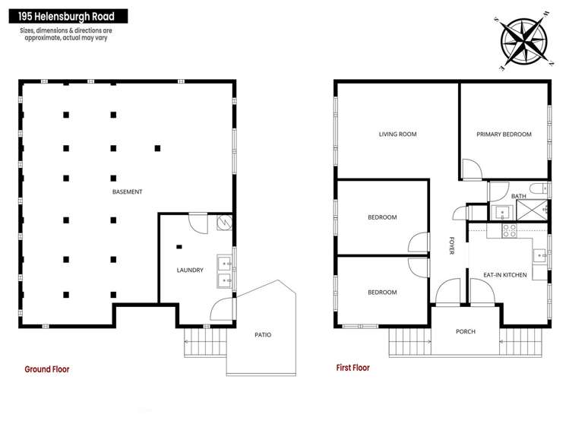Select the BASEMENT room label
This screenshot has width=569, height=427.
(x=128, y=192)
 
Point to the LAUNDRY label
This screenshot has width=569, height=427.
(x=190, y=270)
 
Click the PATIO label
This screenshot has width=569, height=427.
(x=263, y=334)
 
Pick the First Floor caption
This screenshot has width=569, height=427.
(x=353, y=368)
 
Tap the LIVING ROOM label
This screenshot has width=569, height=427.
(x=397, y=134)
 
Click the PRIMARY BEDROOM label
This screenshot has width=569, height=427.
(x=504, y=134)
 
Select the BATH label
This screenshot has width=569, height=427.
(x=518, y=196)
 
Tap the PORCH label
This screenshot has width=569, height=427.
(x=466, y=332)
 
